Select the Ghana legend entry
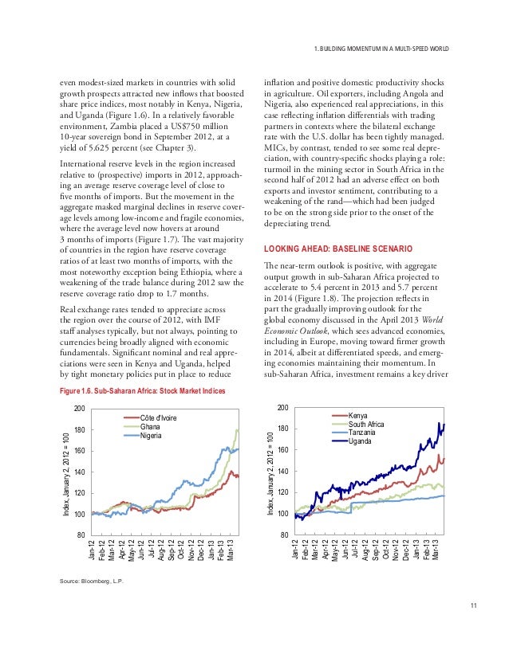[150, 426]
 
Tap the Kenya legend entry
[358, 416]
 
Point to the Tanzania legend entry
[363, 433]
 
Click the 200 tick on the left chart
[79, 409]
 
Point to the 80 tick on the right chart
[282, 535]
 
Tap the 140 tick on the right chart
[282, 472]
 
